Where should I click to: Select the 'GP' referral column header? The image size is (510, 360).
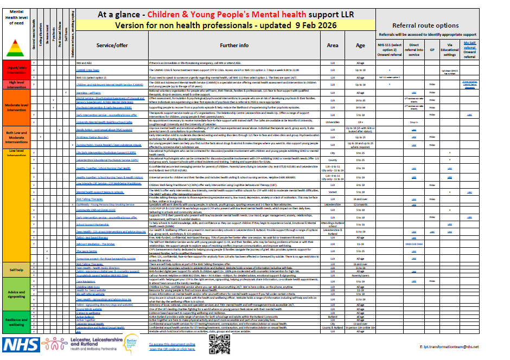click(432, 48)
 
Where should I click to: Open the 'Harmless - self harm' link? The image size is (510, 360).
click(90, 93)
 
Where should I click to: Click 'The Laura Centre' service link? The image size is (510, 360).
click(87, 251)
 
